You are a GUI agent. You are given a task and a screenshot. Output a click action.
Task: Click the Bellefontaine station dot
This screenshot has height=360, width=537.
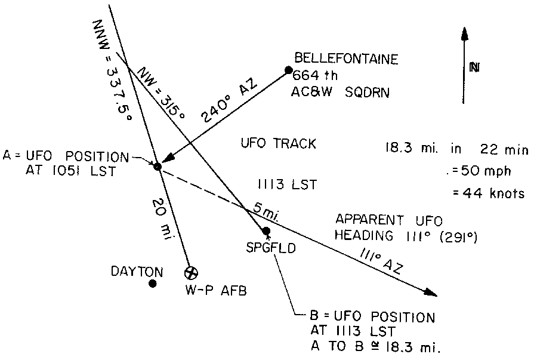coord(289,70)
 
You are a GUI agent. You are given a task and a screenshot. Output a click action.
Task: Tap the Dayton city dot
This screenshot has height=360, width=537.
coord(153,284)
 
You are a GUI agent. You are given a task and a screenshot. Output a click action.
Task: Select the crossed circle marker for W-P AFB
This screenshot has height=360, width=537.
coord(191,273)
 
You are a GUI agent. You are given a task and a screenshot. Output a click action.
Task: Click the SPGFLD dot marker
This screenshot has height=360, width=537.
coord(266,231)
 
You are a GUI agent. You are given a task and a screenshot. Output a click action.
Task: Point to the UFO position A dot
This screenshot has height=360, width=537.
coord(158,167)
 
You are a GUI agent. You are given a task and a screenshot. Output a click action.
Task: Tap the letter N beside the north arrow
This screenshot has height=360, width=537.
coord(474,67)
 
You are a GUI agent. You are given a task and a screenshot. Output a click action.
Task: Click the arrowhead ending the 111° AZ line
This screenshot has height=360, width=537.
coord(431,292)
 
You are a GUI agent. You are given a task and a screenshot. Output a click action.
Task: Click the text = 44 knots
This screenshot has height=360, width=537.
coord(487,193)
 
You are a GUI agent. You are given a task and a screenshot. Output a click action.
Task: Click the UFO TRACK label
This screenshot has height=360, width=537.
coord(277,144)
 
